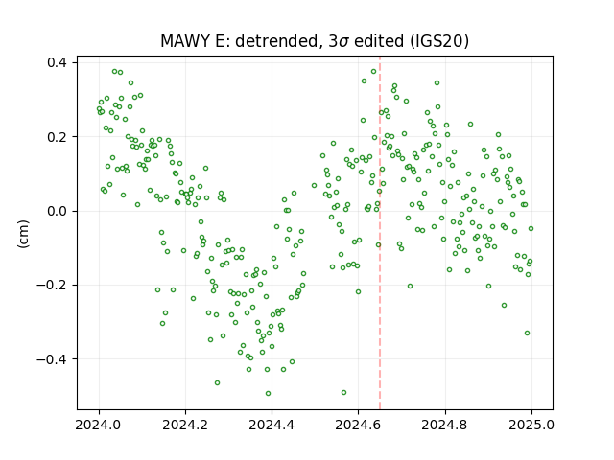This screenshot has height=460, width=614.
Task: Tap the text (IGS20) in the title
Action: click(x=439, y=41)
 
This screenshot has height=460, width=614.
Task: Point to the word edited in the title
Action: click(x=379, y=41)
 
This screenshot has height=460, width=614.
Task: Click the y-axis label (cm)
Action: click(x=23, y=234)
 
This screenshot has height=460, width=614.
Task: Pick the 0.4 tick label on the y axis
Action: click(x=57, y=62)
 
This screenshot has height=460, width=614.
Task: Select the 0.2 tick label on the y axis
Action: click(x=57, y=136)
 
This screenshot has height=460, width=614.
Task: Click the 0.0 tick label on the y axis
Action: click(x=57, y=211)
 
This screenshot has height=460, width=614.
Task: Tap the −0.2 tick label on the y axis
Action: click(x=52, y=285)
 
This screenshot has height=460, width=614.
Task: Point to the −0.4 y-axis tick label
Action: click(x=52, y=358)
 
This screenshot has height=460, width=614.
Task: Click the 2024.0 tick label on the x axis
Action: click(x=99, y=425)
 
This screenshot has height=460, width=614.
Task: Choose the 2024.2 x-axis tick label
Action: click(x=185, y=425)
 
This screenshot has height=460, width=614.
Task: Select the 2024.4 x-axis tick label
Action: click(x=272, y=425)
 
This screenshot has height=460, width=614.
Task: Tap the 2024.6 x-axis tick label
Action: click(x=358, y=425)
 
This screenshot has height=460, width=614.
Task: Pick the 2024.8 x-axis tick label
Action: click(x=445, y=425)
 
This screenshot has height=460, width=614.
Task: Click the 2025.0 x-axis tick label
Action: click(x=531, y=425)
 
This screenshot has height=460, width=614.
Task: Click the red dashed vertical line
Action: click(x=380, y=233)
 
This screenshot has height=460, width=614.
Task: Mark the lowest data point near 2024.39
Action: click(x=269, y=394)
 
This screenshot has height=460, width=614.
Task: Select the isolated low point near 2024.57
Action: click(x=343, y=392)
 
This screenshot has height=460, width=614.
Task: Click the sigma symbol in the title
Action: click(x=343, y=42)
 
